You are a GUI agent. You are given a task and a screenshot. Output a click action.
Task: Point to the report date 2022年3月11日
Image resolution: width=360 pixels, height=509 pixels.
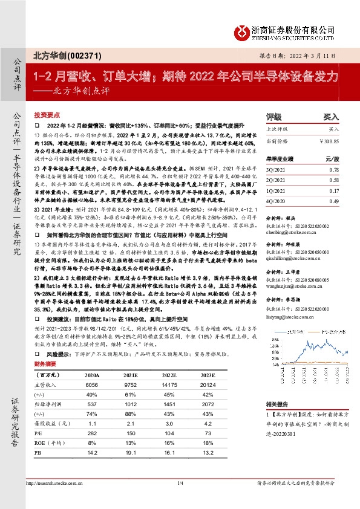tap(310, 55)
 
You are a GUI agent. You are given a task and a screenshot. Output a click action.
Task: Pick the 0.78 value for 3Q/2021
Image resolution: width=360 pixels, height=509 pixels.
tap(332, 171)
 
